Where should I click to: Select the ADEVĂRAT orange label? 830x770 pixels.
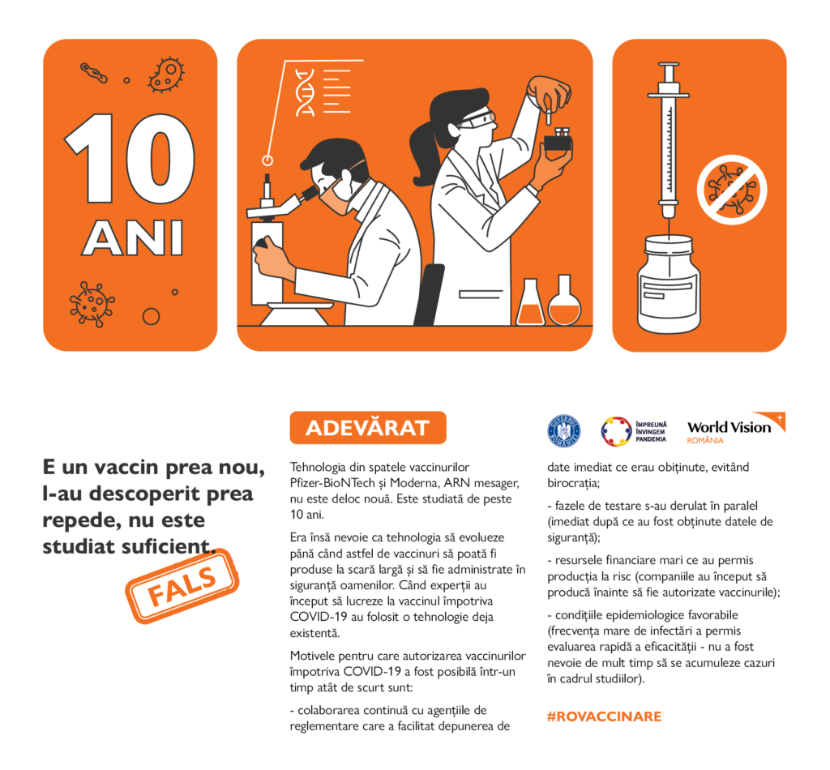pos(367,428)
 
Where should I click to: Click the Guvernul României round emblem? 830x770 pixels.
pos(564,430)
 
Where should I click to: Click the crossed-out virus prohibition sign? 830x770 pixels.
pos(727,189)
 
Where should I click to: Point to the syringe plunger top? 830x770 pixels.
pos(669,71)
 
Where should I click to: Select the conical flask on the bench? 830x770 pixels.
pos(529,304)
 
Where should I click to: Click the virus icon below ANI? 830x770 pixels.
pos(92,303)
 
